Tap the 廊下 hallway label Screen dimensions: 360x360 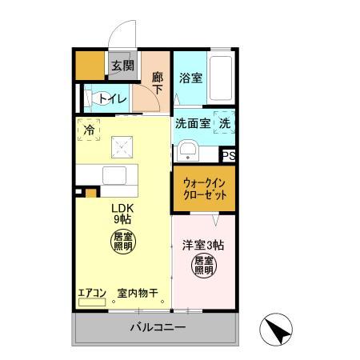158,83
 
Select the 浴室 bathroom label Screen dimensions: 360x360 190,78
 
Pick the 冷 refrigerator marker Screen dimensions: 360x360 88,126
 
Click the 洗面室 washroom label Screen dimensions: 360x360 193,124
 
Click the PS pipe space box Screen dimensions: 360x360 229,156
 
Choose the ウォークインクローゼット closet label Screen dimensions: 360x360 204,189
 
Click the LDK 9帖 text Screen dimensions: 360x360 122,212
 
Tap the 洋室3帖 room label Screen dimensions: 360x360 203,245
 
